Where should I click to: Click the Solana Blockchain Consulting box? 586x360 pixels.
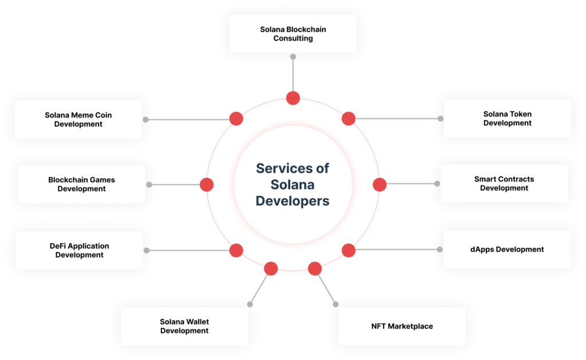(x=293, y=34)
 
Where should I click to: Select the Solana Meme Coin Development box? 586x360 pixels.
(x=78, y=120)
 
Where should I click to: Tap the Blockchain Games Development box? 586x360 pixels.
(x=81, y=184)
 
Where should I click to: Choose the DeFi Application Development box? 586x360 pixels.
(x=79, y=251)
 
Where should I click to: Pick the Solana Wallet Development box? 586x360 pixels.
(x=184, y=326)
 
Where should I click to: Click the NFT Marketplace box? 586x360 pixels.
(x=402, y=326)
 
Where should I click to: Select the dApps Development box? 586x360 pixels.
(x=507, y=250)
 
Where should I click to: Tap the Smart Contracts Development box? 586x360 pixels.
(x=504, y=184)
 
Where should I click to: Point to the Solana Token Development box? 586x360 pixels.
(x=508, y=118)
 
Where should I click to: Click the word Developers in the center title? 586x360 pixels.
(x=292, y=201)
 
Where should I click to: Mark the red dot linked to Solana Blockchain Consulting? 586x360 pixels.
(x=293, y=98)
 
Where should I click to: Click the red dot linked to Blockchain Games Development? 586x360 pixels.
(x=207, y=185)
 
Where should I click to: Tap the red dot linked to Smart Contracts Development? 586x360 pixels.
(x=379, y=185)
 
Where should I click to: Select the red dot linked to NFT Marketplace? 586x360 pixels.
(x=315, y=268)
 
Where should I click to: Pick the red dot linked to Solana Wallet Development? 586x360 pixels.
(x=271, y=268)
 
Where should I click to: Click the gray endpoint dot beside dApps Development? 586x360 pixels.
(x=440, y=250)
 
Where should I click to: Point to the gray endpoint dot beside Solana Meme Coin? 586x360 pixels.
(x=146, y=120)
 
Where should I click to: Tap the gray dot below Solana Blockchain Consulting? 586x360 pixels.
(x=293, y=57)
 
